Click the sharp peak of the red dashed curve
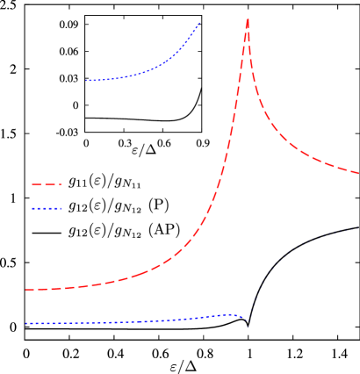tap(248, 19)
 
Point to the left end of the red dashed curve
tap(26, 290)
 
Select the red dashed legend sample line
tap(47, 185)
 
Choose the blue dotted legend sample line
tap(47, 209)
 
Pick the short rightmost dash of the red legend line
tap(61, 185)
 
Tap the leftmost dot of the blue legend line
tap(32, 209)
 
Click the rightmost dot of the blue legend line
tap(62, 209)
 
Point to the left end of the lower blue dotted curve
tap(26, 324)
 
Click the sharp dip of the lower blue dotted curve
tap(248, 323)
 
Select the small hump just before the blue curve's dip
tap(230, 314)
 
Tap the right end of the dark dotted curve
tap(358, 226)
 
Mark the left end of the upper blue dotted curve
tap(87, 81)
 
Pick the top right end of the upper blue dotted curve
tap(200, 23)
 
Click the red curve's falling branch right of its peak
tap(272, 123)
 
